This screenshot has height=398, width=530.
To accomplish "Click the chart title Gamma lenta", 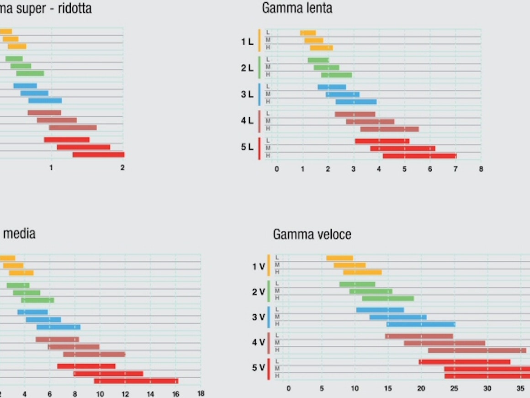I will pos(297,8).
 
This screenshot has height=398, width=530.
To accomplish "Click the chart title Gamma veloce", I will pos(312,235).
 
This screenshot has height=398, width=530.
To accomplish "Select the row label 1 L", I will pos(247,42).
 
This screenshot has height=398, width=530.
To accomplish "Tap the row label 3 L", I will pos(247,94).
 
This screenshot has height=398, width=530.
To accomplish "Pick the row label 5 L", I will pos(247,147).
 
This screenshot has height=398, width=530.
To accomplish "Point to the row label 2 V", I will pos(259,292).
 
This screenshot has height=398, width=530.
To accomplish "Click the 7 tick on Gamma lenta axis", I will pos(456,169).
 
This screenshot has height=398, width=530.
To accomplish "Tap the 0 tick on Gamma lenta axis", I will pos(276,169).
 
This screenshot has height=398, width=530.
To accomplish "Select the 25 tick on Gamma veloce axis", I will pos(454,388).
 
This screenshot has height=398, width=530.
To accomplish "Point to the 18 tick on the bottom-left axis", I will pos(200,393).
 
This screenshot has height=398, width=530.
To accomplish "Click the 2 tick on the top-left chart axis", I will pos(122,167).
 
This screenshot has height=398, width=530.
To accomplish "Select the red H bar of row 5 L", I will pos(419,156).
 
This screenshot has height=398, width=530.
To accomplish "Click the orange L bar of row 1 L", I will pos(308,32).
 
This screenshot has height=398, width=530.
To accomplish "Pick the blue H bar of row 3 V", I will pos(421,324).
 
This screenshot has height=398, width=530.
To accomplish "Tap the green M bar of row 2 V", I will pos(371,291).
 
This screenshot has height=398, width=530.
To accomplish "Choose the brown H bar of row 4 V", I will pos(477,350).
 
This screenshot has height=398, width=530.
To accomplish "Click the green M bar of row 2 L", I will pos(326,68).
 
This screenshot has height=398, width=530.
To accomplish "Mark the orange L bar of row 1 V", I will pos(339,258).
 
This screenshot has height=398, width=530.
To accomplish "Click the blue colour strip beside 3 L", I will pos(260,94).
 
